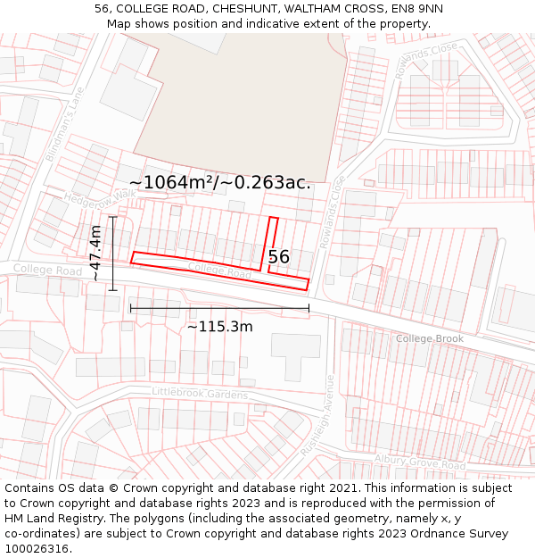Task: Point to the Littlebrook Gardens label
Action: coord(200,393)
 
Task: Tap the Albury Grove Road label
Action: coord(419,462)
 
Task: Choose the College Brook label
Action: coord(430,338)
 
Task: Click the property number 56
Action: coord(279,257)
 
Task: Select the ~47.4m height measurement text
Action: coord(95,254)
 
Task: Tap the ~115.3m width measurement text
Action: coord(219,327)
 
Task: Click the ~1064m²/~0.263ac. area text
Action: coord(220,183)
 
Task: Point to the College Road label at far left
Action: coord(46,270)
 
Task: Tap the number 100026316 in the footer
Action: coord(37,549)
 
